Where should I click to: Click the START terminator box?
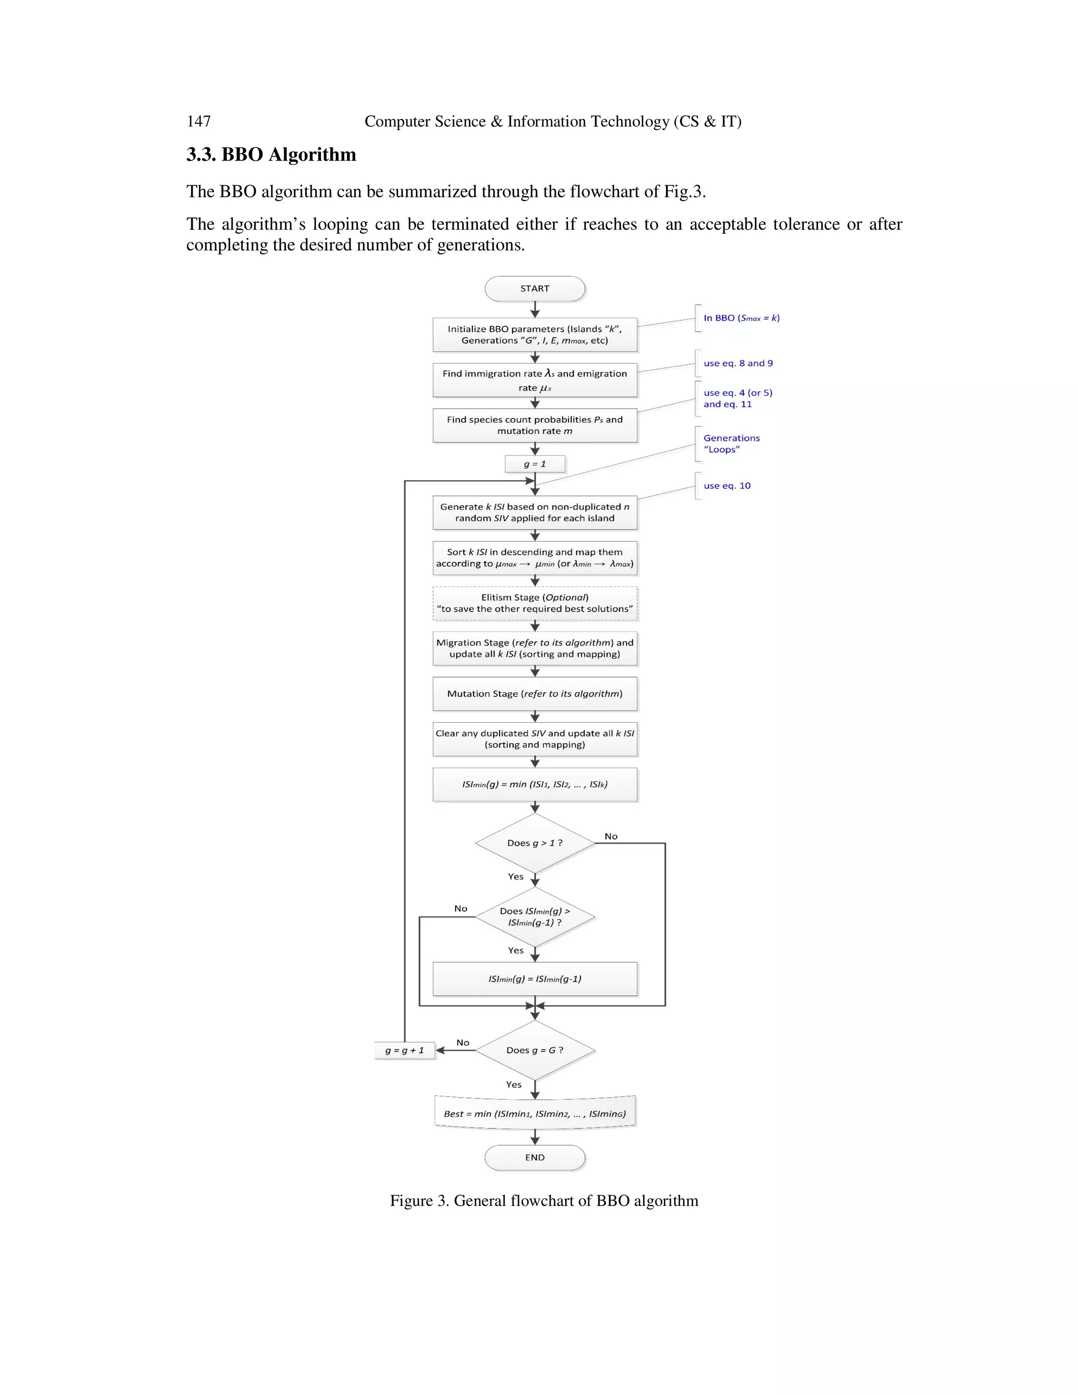click(x=535, y=288)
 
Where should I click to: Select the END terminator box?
click(x=535, y=1158)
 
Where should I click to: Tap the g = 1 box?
click(x=535, y=464)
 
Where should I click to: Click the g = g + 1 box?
click(x=404, y=1050)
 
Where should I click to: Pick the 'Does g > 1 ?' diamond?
click(x=535, y=843)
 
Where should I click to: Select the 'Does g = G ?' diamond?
click(x=535, y=1050)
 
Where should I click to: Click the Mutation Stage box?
click(x=535, y=694)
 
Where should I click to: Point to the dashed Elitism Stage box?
click(x=535, y=603)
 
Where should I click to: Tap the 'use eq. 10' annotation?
click(x=727, y=485)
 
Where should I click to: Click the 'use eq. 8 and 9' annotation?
click(x=737, y=363)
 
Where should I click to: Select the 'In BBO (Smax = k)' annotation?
click(x=741, y=318)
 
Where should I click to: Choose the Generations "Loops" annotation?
click(x=731, y=444)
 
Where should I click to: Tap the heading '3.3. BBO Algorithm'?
click(x=271, y=155)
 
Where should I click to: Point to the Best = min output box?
click(x=535, y=1113)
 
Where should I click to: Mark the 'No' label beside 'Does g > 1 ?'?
click(x=611, y=836)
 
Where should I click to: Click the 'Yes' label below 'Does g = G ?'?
click(x=513, y=1084)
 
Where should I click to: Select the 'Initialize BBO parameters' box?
click(x=535, y=335)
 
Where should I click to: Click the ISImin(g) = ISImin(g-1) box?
click(x=535, y=979)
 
